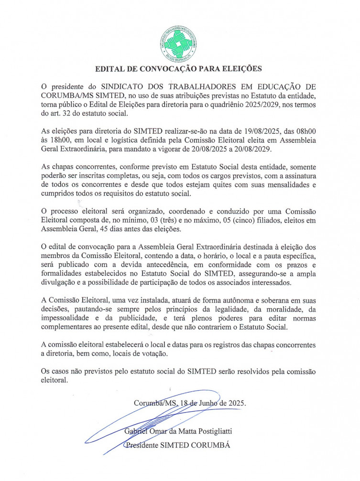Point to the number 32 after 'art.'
pos(65,115)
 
